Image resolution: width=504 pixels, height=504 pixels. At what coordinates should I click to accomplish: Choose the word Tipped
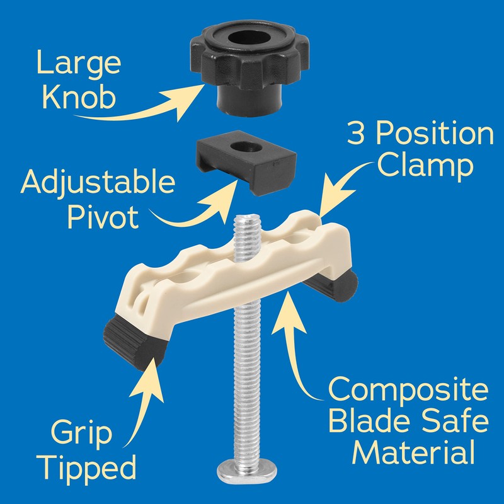(x=91, y=468)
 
